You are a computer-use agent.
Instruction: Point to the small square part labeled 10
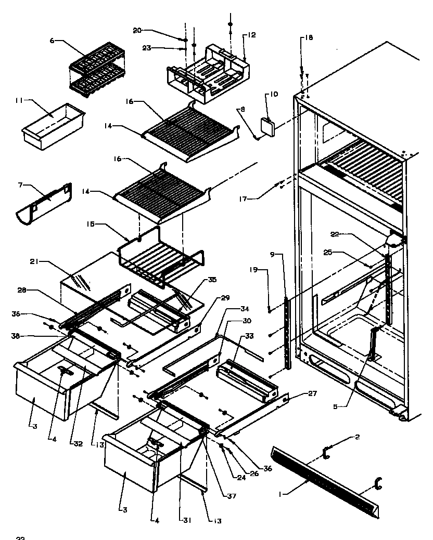(x=268, y=125)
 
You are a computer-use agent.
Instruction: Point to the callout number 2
(x=356, y=437)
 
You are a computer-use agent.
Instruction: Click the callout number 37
(x=232, y=496)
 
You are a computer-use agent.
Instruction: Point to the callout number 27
(x=312, y=394)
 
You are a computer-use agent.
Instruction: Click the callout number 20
(x=137, y=31)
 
